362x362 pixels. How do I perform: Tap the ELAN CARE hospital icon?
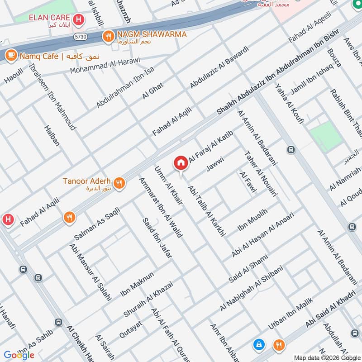point(79,19)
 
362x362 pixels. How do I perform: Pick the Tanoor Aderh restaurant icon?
point(119,183)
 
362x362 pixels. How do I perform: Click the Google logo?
point(19,355)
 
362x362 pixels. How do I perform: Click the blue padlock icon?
point(259,345)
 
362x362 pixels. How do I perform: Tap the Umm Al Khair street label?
point(168,186)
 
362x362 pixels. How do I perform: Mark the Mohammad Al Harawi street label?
point(105,66)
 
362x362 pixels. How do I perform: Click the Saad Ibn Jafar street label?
point(157,237)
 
